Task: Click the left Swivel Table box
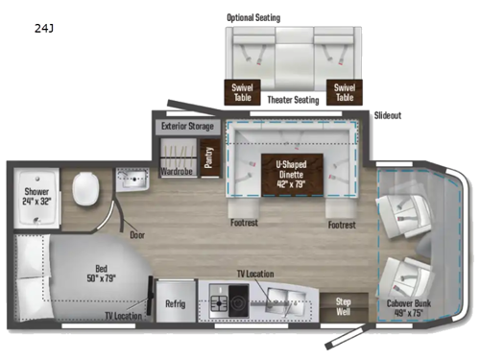[242, 92]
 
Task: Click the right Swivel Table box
[344, 92]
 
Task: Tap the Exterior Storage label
[186, 126]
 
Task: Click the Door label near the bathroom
[137, 233]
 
